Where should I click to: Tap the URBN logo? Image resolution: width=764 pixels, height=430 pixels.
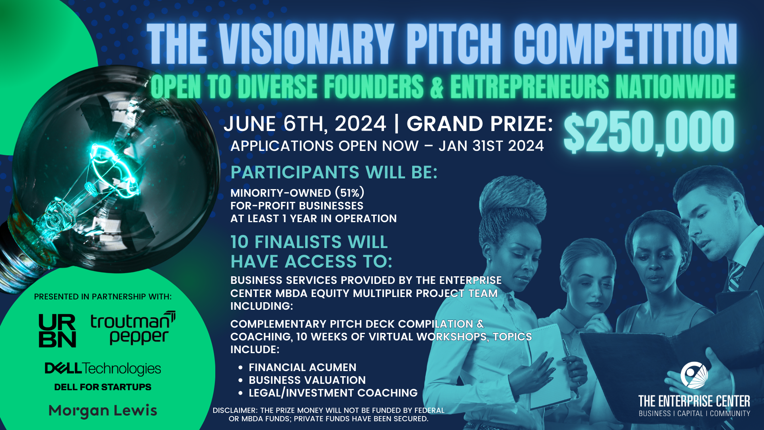click(57, 330)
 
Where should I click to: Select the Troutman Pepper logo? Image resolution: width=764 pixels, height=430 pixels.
click(133, 328)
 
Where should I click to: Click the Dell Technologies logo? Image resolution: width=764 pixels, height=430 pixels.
click(103, 368)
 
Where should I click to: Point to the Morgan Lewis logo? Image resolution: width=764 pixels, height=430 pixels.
click(103, 410)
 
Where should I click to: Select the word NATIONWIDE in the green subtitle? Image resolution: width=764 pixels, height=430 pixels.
click(675, 87)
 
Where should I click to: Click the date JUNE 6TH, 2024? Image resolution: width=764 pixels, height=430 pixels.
click(305, 124)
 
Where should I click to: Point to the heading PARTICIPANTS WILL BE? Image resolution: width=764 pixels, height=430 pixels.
click(334, 172)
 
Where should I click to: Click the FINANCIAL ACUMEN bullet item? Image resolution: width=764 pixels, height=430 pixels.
click(302, 367)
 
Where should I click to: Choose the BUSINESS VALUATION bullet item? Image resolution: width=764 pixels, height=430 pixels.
click(307, 380)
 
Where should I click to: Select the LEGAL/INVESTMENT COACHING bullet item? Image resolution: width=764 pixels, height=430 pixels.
click(333, 393)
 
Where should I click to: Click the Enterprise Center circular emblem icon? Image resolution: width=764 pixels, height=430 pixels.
click(694, 375)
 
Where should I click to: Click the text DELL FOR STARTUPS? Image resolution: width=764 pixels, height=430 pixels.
click(103, 387)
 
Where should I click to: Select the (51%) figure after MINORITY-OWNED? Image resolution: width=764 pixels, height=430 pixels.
click(349, 193)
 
